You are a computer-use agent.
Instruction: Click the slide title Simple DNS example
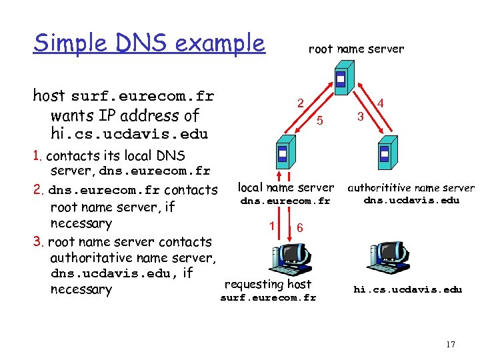(149, 43)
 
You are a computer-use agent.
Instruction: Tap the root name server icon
(341, 81)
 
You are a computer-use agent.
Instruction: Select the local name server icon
(283, 155)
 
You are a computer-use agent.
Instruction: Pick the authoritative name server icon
(384, 155)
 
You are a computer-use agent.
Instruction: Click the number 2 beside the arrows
(301, 103)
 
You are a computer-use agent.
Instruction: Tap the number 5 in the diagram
(320, 121)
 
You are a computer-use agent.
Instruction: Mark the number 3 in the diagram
(360, 117)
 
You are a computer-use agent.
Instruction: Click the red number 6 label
(300, 227)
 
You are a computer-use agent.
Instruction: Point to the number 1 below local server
(272, 225)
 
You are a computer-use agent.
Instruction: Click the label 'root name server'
(356, 49)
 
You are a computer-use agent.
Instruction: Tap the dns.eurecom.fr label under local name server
(285, 201)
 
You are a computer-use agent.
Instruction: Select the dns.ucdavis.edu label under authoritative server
(411, 200)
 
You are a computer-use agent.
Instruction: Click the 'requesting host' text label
(268, 284)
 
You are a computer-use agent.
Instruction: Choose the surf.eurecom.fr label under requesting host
(268, 297)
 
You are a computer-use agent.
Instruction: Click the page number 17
(450, 345)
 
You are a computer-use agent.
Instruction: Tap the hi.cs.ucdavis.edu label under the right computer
(407, 289)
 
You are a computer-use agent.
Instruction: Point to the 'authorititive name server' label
(411, 188)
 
